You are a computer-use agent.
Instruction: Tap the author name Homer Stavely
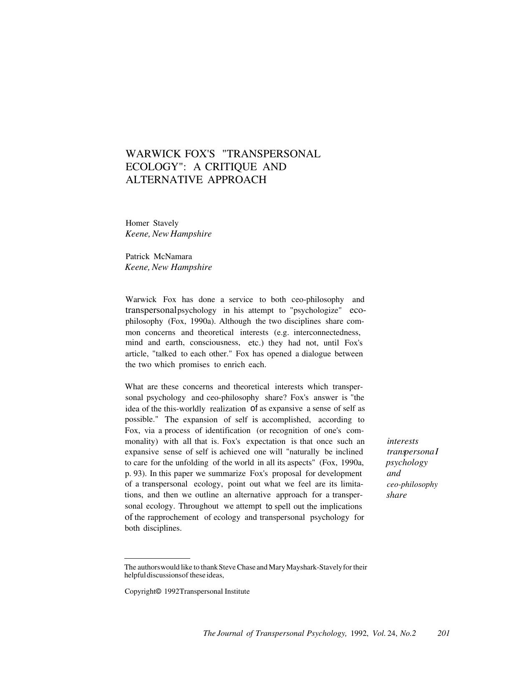coord(152,223)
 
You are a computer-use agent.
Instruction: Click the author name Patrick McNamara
coord(159,256)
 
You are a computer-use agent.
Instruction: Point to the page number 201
coord(443,633)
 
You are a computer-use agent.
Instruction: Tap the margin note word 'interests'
coord(403,441)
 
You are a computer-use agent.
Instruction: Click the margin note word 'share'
coord(396,495)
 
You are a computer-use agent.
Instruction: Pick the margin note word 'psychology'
coord(407,463)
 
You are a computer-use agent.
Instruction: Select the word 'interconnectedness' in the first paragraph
coord(327,333)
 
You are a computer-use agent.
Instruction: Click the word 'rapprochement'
coord(173,517)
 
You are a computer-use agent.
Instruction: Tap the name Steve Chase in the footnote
coord(237,567)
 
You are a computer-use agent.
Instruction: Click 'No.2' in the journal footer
coord(408,633)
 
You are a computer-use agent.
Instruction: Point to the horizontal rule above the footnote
coord(157,558)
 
